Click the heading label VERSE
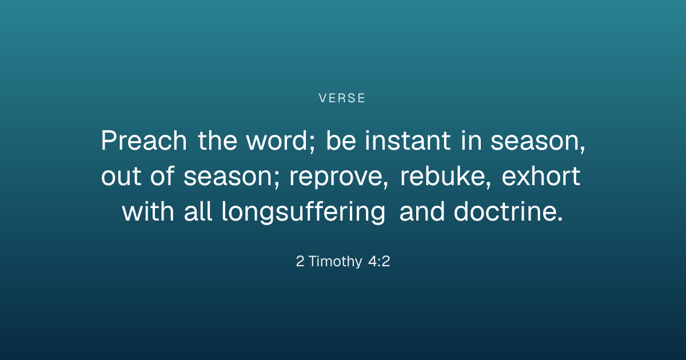pyautogui.click(x=342, y=98)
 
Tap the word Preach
pyautogui.click(x=144, y=140)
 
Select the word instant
pyautogui.click(x=408, y=140)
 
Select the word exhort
pyautogui.click(x=541, y=176)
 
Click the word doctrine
pyautogui.click(x=508, y=211)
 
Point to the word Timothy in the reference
pyautogui.click(x=336, y=262)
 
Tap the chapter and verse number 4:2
pyautogui.click(x=379, y=261)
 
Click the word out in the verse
pyautogui.click(x=121, y=177)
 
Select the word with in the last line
pyautogui.click(x=148, y=211)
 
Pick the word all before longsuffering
pyautogui.click(x=198, y=211)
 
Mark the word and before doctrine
pyautogui.click(x=422, y=211)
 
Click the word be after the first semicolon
pyautogui.click(x=341, y=140)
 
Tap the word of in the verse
pyautogui.click(x=162, y=176)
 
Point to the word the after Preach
pyautogui.click(x=217, y=140)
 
